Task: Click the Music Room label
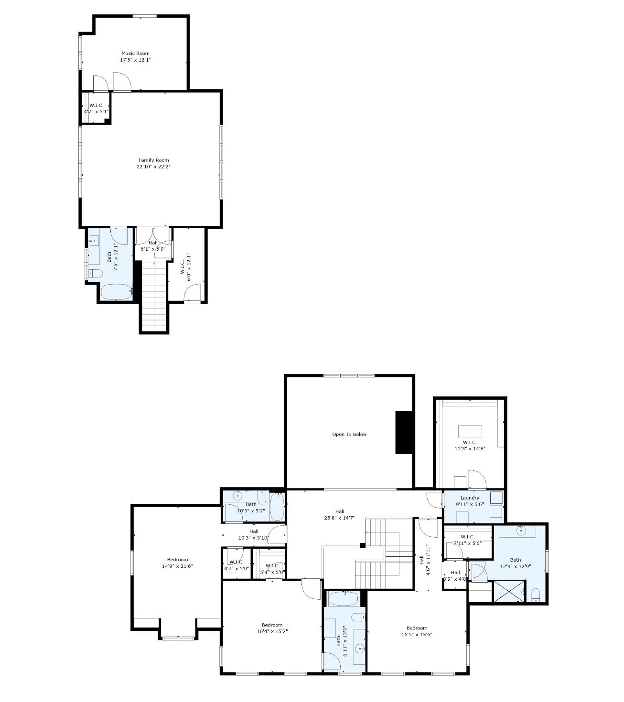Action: click(135, 53)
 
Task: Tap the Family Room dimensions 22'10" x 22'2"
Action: click(153, 166)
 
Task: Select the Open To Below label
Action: click(349, 434)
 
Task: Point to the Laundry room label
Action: click(470, 498)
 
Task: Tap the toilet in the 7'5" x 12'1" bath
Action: click(96, 274)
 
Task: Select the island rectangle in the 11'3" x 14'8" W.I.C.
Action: click(470, 431)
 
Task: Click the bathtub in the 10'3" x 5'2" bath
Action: click(277, 507)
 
